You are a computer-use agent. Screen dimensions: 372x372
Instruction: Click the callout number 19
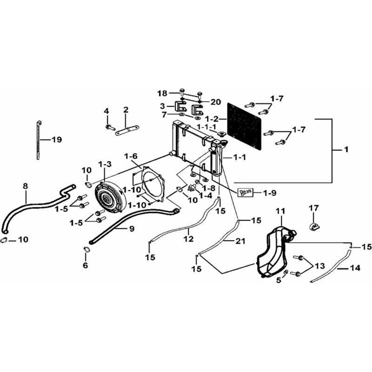tap(57, 139)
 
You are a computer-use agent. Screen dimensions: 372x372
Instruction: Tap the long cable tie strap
tap(38, 140)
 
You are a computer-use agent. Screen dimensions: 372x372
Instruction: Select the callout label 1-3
tap(105, 164)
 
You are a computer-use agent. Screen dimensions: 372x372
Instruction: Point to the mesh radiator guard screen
tap(244, 126)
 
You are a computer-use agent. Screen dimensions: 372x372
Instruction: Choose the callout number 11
tap(280, 211)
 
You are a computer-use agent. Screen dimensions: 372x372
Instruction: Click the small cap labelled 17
tap(315, 226)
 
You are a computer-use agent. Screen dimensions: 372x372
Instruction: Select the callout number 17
tap(313, 208)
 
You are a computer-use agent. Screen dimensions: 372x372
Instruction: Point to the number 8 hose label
tap(26, 186)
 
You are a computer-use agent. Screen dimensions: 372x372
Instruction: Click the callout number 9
tap(132, 229)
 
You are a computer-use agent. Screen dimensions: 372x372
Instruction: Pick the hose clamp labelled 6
tap(87, 250)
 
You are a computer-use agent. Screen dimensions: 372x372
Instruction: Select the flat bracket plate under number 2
tap(127, 131)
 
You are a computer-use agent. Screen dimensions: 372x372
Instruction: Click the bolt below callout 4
tap(110, 127)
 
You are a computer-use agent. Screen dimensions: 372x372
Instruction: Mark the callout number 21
tap(240, 241)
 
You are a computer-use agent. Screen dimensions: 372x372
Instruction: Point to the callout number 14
tap(355, 268)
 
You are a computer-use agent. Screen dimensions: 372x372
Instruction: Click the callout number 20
tap(215, 102)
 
